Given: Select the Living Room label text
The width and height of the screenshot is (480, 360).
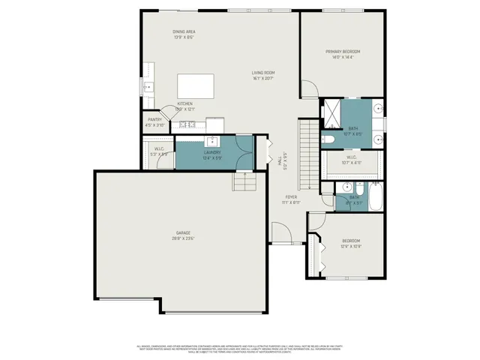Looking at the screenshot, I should [x=263, y=73].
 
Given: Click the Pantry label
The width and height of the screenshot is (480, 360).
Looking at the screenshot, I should [x=154, y=120].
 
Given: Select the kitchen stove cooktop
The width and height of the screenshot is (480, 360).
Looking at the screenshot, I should [x=187, y=124].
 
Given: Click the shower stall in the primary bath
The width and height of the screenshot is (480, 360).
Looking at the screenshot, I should [x=330, y=112].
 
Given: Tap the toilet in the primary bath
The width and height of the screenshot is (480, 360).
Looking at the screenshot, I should [x=330, y=139].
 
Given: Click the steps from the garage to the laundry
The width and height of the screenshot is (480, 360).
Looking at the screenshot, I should [x=244, y=181].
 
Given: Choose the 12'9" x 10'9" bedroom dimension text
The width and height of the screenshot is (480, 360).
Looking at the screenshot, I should [x=351, y=247].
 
